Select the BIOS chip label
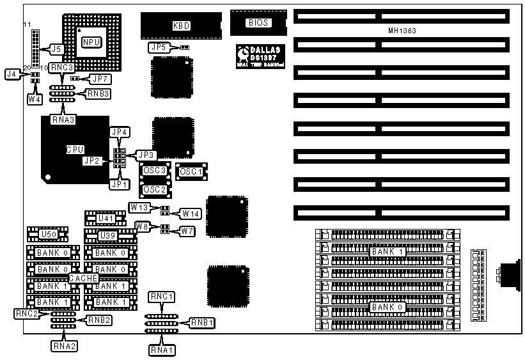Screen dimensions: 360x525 point(258,23)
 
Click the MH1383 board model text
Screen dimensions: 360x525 point(402,31)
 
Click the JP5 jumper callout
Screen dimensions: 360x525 point(158,47)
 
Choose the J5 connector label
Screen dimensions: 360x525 point(56,49)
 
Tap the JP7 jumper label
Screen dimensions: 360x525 point(100,79)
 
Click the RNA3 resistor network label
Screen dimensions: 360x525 point(64,119)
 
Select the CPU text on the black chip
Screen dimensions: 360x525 point(75,150)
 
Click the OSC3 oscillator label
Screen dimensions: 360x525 point(155,171)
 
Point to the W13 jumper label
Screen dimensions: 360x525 point(139,207)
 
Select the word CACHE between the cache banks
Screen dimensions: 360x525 point(82,278)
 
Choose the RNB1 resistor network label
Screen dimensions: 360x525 point(202,323)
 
